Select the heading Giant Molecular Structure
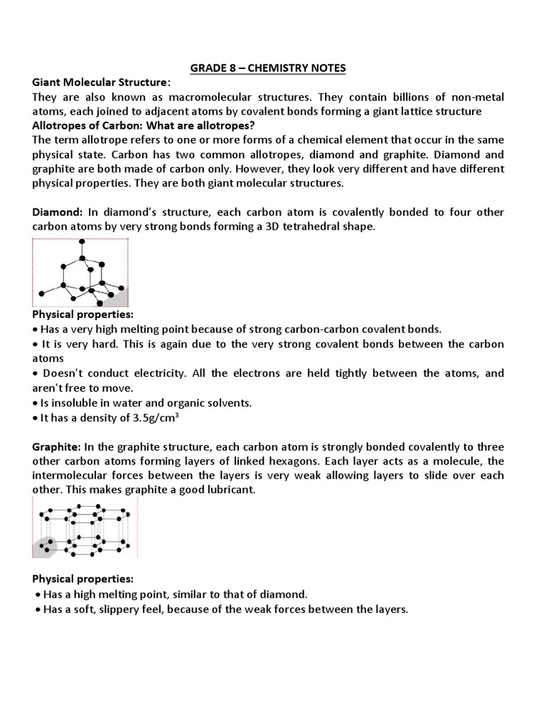[x=102, y=83]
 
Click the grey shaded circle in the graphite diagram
[x=45, y=547]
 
